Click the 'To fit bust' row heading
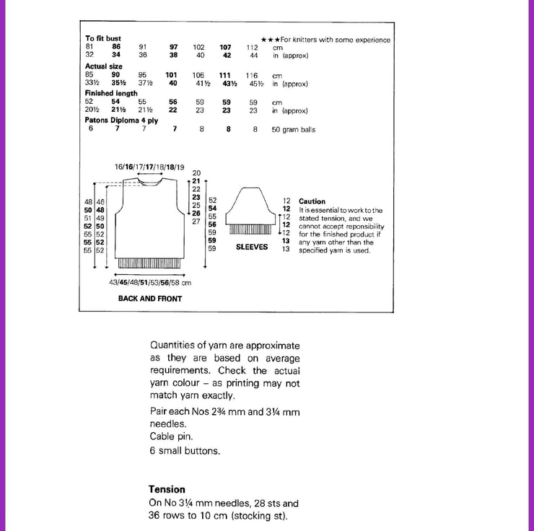[x=103, y=38]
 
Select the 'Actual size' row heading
[x=104, y=66]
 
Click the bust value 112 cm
[x=253, y=47]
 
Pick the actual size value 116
[x=252, y=75]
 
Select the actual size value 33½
[x=92, y=84]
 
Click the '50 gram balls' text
[x=293, y=130]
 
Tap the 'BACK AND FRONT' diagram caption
[x=150, y=298]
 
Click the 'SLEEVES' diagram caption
[x=252, y=247]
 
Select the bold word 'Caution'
[x=312, y=201]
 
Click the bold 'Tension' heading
[x=167, y=488]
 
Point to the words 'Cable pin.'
[x=171, y=436]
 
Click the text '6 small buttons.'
[x=185, y=451]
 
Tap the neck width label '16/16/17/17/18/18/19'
[x=149, y=167]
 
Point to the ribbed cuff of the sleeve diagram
[x=252, y=229]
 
